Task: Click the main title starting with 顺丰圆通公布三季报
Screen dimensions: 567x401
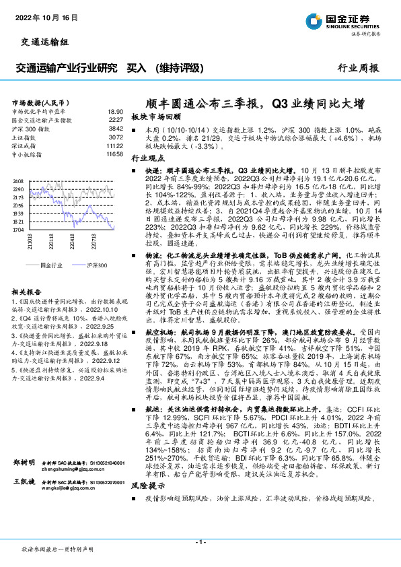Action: pos(256,103)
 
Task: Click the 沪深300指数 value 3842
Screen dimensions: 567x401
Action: pos(116,128)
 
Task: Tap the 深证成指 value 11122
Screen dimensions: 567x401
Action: pos(114,145)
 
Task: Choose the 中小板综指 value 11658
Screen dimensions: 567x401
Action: pos(114,154)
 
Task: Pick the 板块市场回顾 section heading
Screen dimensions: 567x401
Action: pos(157,116)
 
